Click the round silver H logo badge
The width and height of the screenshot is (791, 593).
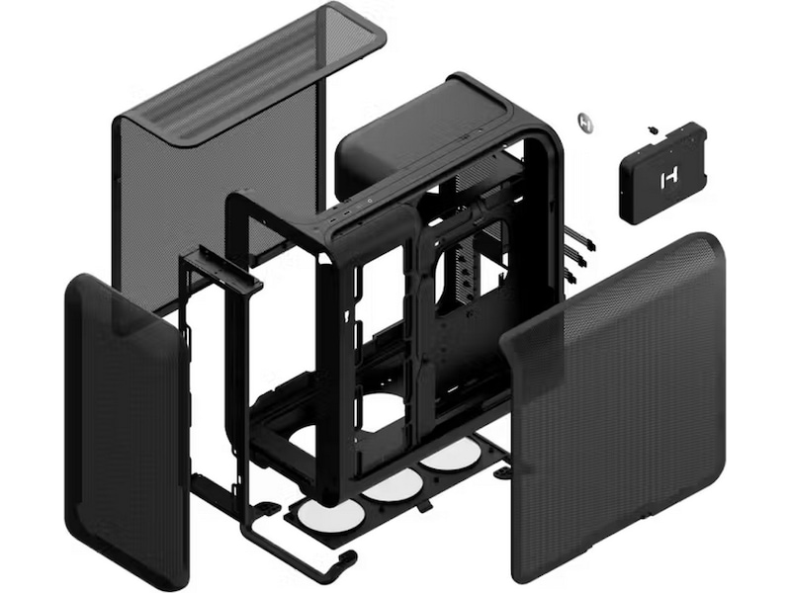tap(586, 124)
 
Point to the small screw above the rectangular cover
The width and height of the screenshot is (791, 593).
tap(653, 129)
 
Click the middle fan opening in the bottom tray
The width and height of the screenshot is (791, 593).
tap(393, 484)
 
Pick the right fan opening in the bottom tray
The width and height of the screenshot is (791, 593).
tap(450, 455)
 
